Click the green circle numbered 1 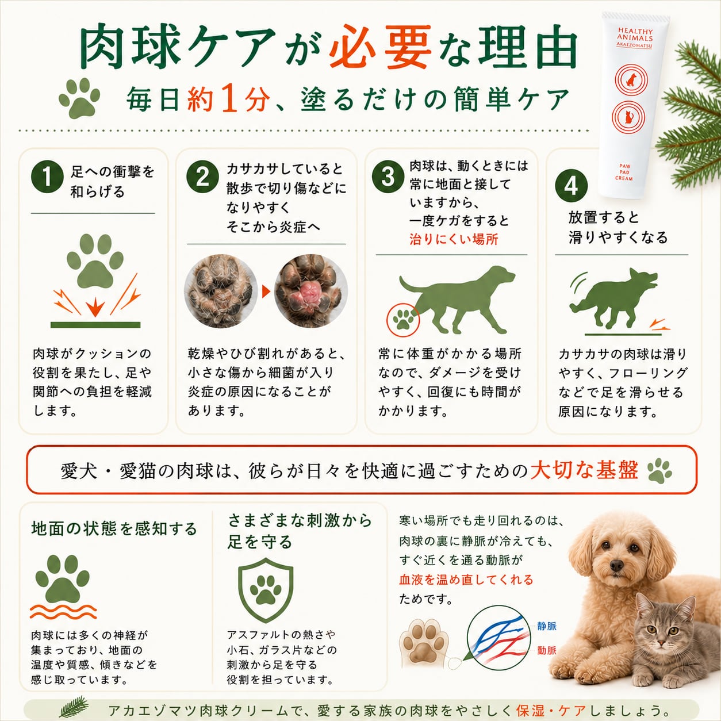47,177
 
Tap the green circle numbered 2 203,177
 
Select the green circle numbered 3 388,177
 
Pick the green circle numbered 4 572,186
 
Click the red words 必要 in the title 380,47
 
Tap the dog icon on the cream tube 631,79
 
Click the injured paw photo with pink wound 310,291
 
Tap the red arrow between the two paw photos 266,292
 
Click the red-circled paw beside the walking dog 404,320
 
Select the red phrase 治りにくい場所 454,239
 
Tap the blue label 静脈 547,626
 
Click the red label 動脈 547,650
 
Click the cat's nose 662,642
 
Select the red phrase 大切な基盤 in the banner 584,470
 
